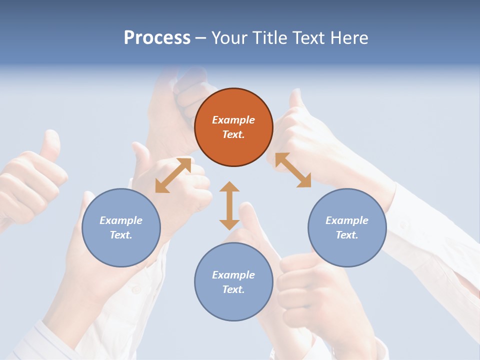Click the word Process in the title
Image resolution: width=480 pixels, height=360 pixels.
pos(157,38)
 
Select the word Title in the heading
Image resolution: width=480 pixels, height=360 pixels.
pos(270,38)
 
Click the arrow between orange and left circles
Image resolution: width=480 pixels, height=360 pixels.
pos(173,175)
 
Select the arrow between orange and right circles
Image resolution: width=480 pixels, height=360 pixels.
pos(293,170)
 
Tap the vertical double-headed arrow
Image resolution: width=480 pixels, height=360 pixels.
pos(229,205)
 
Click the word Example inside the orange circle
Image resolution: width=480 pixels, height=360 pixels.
pos(233,120)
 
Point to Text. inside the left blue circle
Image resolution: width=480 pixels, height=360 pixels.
pos(121,235)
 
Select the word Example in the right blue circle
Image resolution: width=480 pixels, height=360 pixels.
pos(347,220)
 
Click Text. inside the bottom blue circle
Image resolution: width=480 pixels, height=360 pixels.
pos(233,289)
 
